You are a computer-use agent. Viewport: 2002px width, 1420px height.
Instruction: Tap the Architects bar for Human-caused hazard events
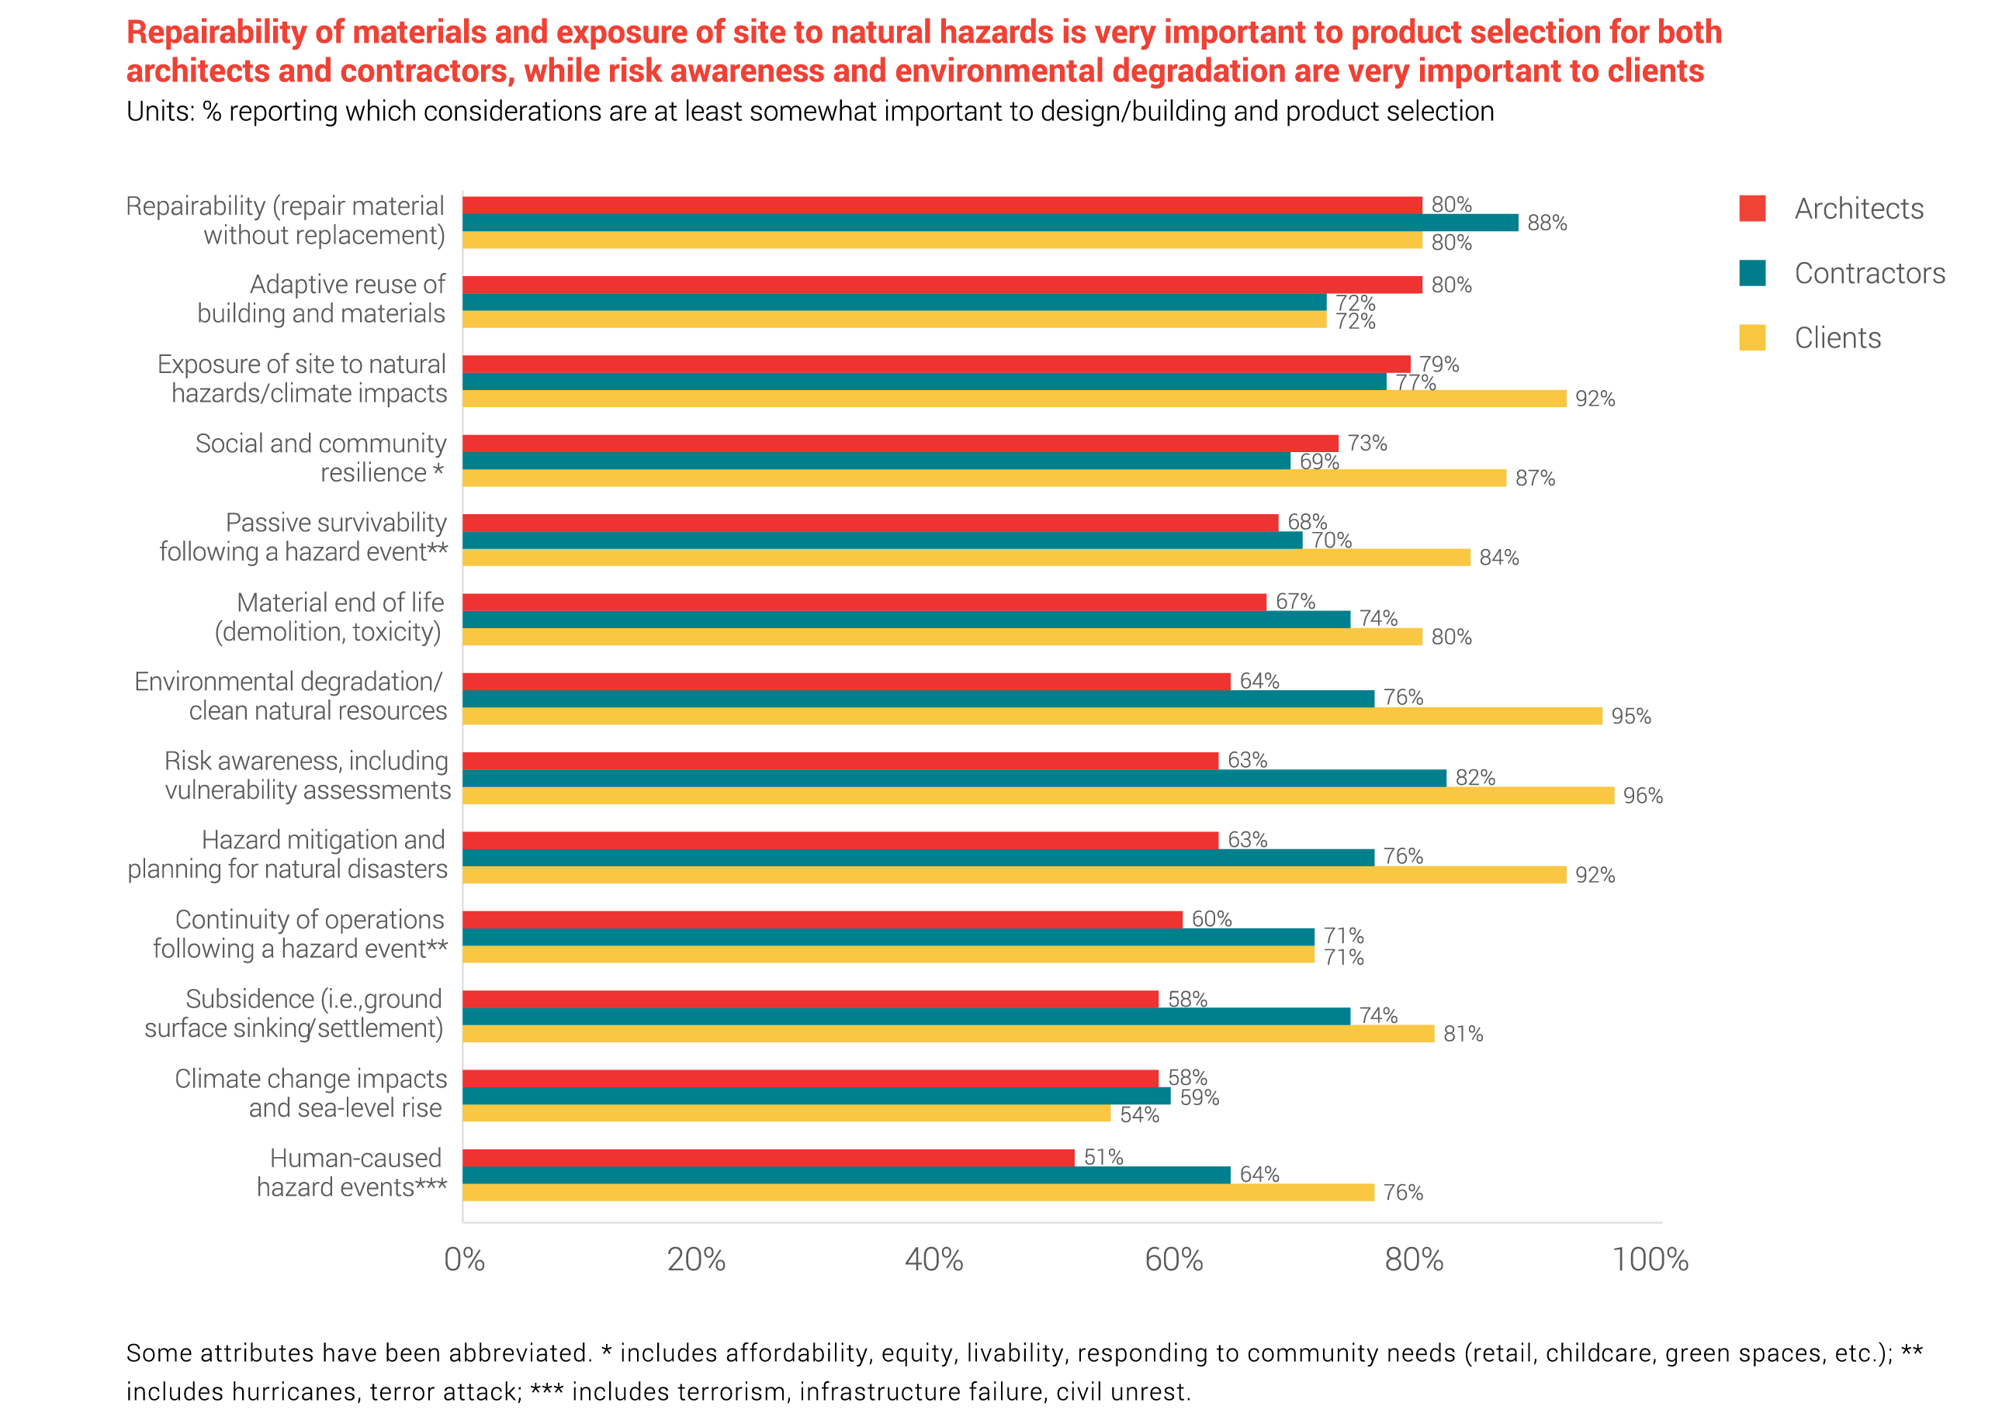point(768,1158)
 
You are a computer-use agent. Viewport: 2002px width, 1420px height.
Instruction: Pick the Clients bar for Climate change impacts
point(785,1114)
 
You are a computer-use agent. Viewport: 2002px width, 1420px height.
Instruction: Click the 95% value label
point(1630,717)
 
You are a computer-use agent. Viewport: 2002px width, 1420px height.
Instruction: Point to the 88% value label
point(1547,224)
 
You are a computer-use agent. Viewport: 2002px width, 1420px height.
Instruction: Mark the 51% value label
point(1103,1158)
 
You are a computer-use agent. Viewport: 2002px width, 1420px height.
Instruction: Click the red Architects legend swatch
point(1752,208)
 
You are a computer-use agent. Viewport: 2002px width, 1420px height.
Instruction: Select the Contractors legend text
point(1869,274)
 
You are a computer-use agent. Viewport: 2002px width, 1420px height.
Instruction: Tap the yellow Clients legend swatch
point(1752,337)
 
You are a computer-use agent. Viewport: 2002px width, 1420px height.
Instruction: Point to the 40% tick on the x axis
point(933,1260)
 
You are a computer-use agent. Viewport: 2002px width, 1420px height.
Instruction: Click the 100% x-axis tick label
point(1650,1260)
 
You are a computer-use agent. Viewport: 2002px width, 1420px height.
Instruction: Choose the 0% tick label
point(463,1260)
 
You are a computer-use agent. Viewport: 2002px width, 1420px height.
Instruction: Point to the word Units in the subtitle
point(159,112)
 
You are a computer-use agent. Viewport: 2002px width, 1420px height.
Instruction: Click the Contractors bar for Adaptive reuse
point(894,302)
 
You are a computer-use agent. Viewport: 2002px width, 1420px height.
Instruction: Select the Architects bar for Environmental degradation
point(846,682)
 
